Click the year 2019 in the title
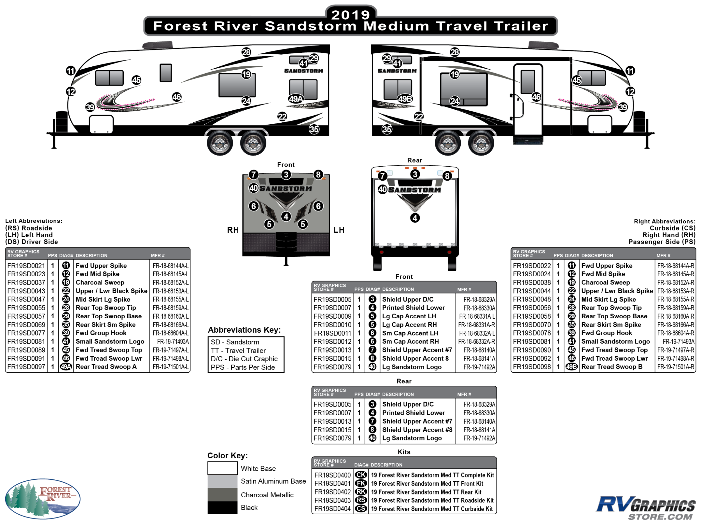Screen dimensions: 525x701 coord(350,15)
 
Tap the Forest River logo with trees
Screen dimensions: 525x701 coord(43,498)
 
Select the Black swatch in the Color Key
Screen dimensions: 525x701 coord(222,508)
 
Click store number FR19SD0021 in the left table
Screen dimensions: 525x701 coord(26,266)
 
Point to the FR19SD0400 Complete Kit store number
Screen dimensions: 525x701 coord(333,475)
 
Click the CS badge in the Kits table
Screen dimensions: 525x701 coord(361,508)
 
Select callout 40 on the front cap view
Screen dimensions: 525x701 coord(253,188)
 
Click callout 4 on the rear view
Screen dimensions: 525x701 coord(415,218)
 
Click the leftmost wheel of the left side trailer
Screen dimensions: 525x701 coord(220,143)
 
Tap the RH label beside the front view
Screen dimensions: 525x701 coord(233,230)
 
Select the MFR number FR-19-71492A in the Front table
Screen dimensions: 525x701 coord(479,367)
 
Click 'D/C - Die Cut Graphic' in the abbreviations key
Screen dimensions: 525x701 coord(244,359)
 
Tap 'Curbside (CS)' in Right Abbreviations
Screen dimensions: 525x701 coord(672,228)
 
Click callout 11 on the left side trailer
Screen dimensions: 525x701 coord(71,71)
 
